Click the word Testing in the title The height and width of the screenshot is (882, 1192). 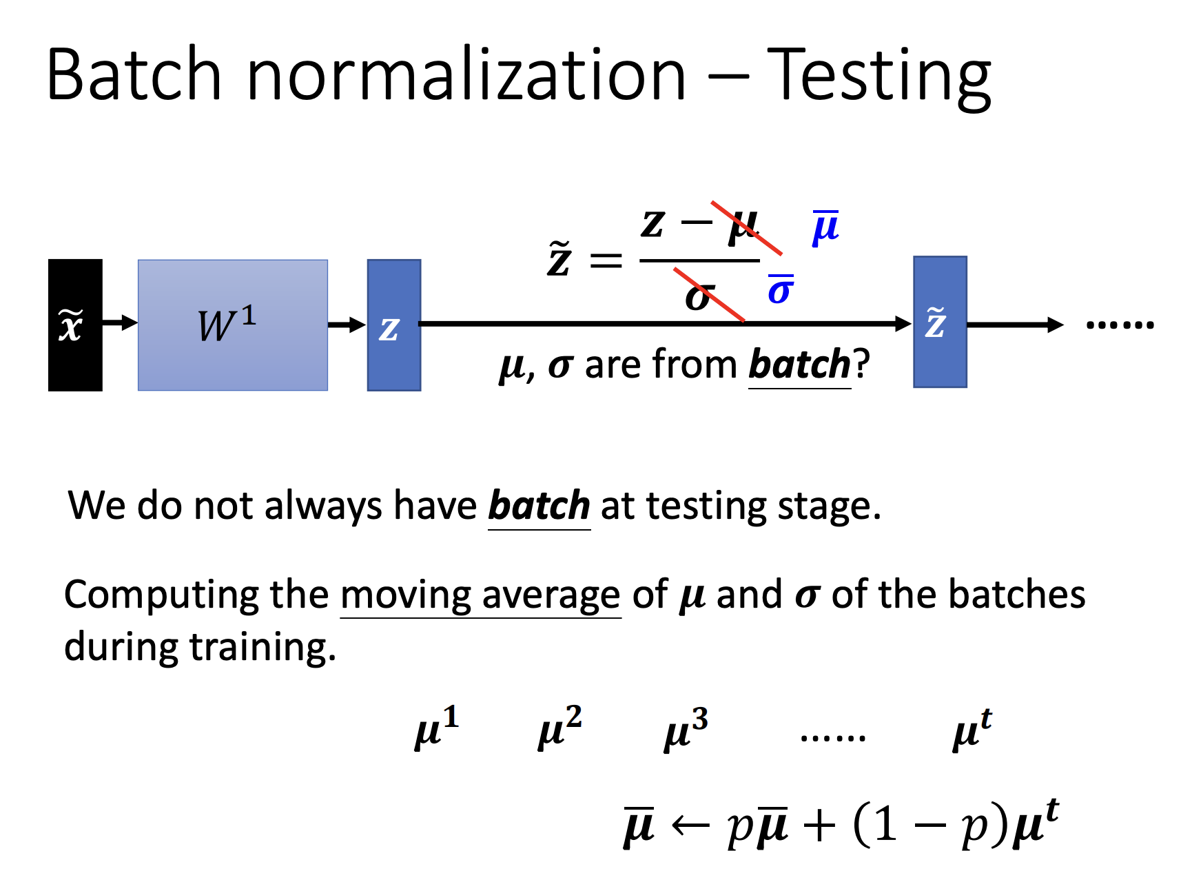pos(879,76)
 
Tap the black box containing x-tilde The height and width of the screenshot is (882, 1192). pos(75,325)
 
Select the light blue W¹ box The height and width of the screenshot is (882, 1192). pos(233,325)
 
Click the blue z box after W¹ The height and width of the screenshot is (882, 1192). pos(394,325)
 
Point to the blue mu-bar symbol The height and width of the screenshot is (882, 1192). pos(825,227)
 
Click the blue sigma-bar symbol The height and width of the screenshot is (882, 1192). pos(781,289)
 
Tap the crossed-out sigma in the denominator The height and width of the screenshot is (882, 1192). pos(698,297)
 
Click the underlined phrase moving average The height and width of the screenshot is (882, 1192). pos(480,595)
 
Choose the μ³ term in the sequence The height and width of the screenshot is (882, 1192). pos(686,729)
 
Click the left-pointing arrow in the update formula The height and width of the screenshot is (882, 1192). pos(690,825)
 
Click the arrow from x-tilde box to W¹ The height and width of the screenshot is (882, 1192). pos(120,322)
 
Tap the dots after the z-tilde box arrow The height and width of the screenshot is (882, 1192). pos(1120,325)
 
